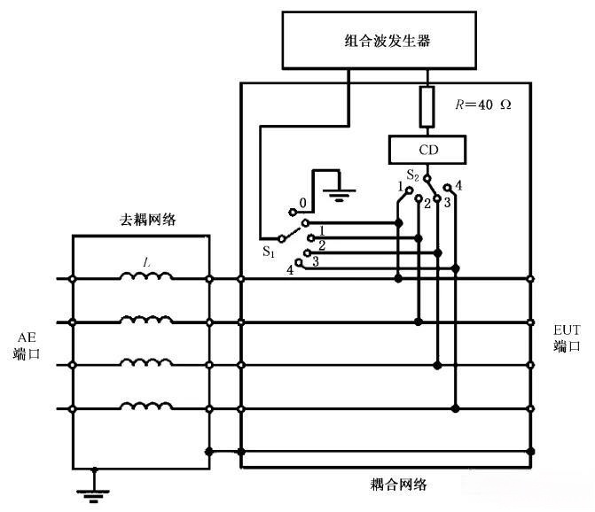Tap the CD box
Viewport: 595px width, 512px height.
click(x=427, y=150)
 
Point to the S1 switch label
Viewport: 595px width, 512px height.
click(x=269, y=252)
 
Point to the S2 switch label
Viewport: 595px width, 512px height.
click(x=414, y=175)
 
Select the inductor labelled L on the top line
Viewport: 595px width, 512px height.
click(x=145, y=279)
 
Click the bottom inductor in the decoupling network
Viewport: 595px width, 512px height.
click(x=145, y=407)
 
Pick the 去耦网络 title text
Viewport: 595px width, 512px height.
click(x=148, y=220)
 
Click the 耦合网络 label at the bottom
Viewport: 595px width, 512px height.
click(x=399, y=484)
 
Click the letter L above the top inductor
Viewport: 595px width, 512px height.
click(x=147, y=261)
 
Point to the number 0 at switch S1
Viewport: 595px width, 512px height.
click(x=301, y=202)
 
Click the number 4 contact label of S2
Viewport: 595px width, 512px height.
click(x=459, y=185)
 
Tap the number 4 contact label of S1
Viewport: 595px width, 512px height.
click(x=290, y=268)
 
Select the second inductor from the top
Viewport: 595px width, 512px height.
click(x=145, y=322)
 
